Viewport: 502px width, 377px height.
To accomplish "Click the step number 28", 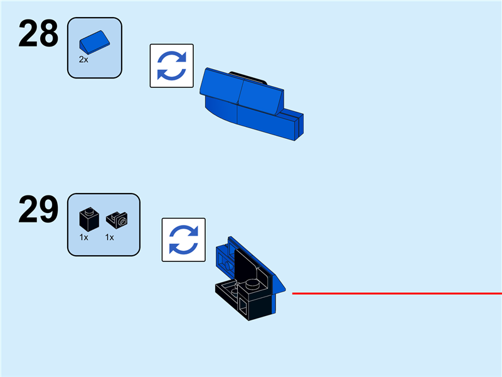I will pos(38,35).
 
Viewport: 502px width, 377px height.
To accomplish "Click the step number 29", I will pos(38,210).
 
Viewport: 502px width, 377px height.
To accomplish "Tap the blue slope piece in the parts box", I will pos(93,42).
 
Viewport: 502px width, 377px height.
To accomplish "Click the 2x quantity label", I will pos(83,60).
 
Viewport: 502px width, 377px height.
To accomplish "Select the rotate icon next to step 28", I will pos(171,65).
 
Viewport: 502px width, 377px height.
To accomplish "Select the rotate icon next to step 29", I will pos(184,239).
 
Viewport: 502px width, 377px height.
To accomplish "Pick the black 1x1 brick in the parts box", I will pos(87,219).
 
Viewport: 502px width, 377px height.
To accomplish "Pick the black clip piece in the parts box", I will pos(116,219).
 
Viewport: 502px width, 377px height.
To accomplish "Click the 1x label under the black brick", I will pos(83,238).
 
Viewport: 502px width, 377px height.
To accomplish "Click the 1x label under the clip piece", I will pos(109,238).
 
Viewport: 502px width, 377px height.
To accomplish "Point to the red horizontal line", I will pos(395,293).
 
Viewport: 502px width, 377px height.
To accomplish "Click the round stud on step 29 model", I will pos(254,285).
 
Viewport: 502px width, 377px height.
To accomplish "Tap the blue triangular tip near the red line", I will pos(282,288).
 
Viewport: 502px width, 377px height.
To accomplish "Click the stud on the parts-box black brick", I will pos(88,212).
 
